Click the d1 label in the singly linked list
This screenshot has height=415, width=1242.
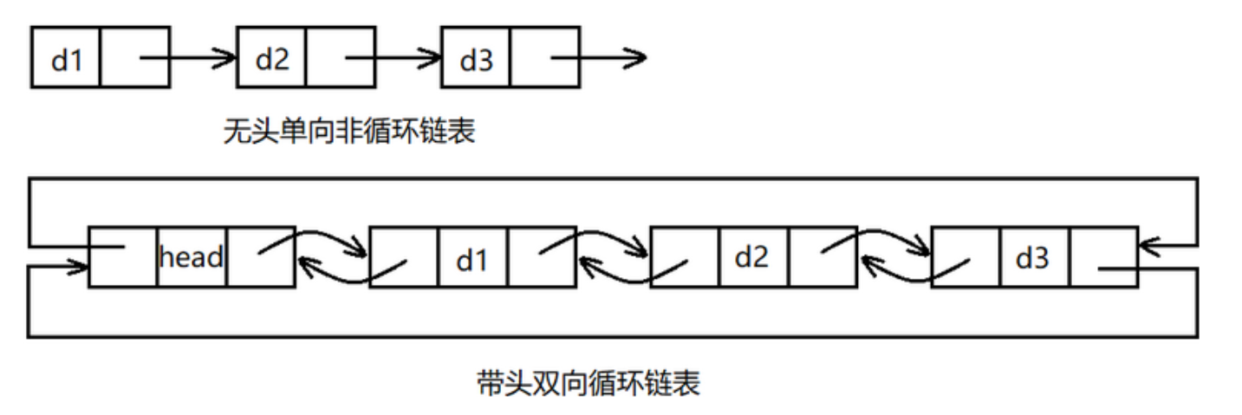(x=66, y=59)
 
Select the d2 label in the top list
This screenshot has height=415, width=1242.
(x=271, y=59)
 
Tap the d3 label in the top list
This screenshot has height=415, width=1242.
(x=476, y=59)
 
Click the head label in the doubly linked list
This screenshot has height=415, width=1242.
(x=192, y=257)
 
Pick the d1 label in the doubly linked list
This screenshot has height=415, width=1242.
(x=472, y=259)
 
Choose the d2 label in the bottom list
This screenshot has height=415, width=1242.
(x=752, y=257)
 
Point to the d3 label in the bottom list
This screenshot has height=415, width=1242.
(x=1032, y=258)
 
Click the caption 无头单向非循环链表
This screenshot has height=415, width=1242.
(x=349, y=132)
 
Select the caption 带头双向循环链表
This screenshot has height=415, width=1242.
(x=588, y=382)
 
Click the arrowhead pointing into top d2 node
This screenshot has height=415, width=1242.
(x=227, y=59)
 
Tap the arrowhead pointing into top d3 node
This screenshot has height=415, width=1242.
(x=432, y=59)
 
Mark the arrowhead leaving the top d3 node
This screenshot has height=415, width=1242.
(x=636, y=59)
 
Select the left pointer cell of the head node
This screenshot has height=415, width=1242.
(x=123, y=257)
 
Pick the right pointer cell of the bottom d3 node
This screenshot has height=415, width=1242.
(x=1102, y=257)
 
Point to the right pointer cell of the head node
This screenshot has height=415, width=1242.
(x=260, y=257)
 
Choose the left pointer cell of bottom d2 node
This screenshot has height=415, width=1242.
(x=683, y=257)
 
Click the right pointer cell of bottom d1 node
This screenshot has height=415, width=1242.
(x=542, y=257)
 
